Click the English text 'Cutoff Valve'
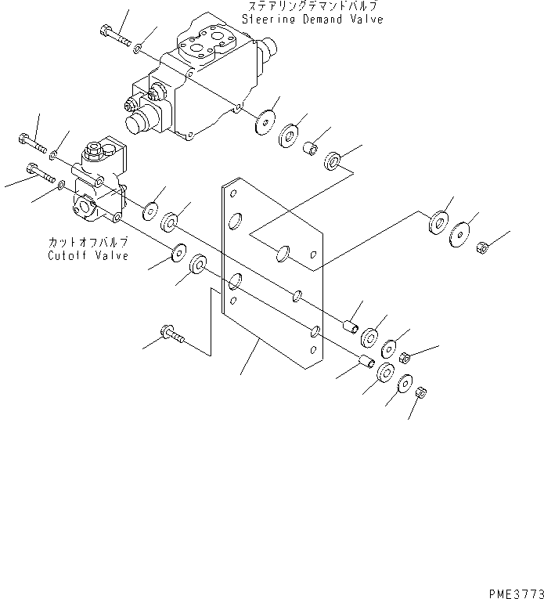pos(88,256)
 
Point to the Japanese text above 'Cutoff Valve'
pos(88,244)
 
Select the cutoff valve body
pos(98,184)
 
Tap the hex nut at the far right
pos(483,248)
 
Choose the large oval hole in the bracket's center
pos(284,252)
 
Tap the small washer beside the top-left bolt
pos(137,49)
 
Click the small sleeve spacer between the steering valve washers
pos(310,146)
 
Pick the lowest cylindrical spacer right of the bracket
pos(364,362)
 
